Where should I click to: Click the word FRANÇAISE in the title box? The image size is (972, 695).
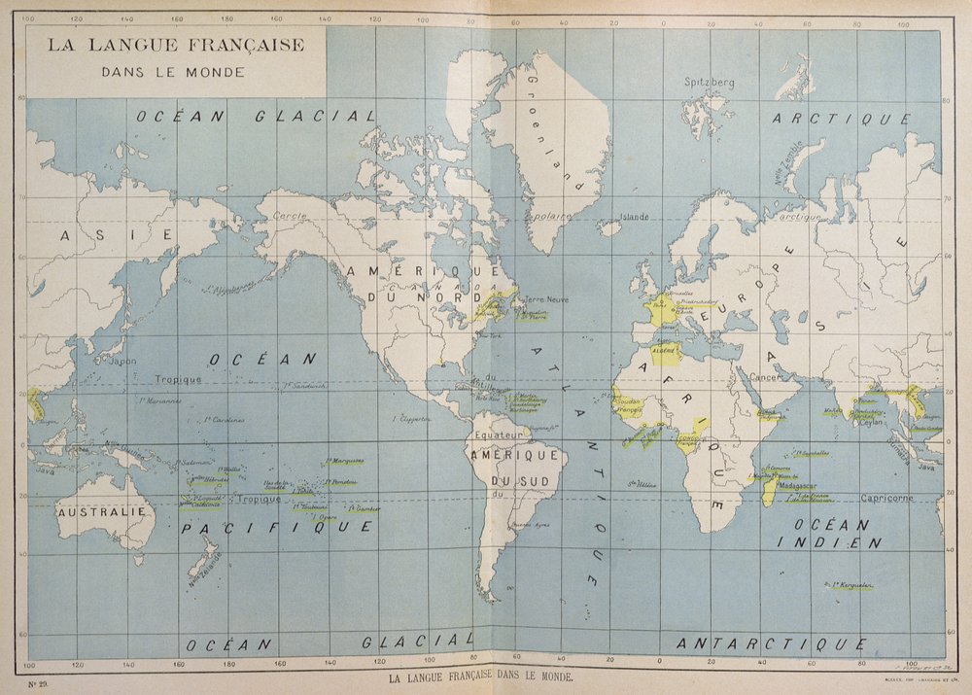(244, 45)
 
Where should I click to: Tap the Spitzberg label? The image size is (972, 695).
(709, 83)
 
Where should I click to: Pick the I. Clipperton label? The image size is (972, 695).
(409, 419)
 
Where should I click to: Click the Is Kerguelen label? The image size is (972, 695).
(847, 585)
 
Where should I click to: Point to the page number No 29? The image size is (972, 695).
(39, 684)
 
